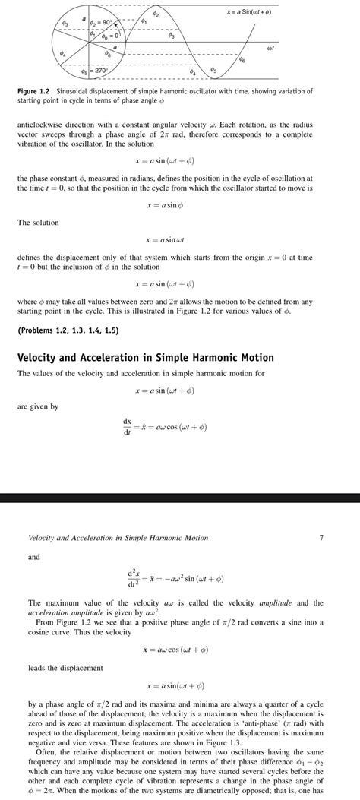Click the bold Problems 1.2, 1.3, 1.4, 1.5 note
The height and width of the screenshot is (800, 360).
67,330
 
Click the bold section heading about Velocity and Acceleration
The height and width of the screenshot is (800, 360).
145,357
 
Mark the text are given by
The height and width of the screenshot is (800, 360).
37,406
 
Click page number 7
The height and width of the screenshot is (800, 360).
321,538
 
